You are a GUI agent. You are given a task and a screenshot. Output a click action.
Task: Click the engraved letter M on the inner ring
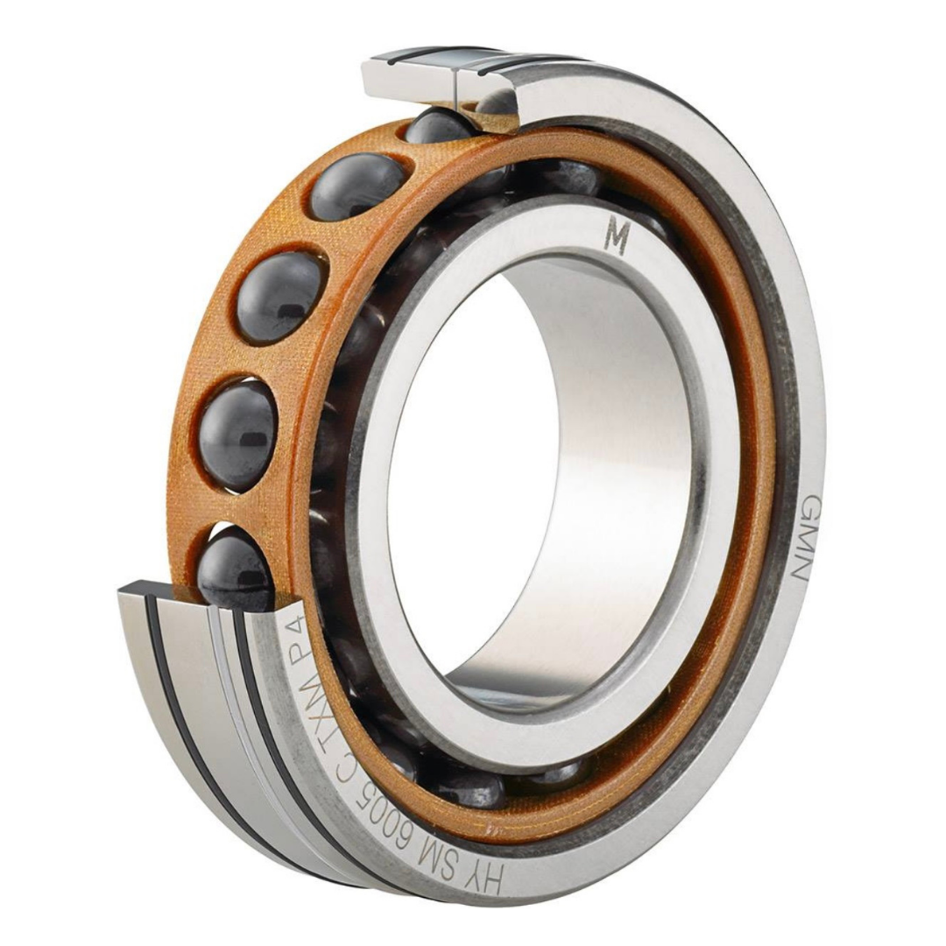(617, 238)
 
